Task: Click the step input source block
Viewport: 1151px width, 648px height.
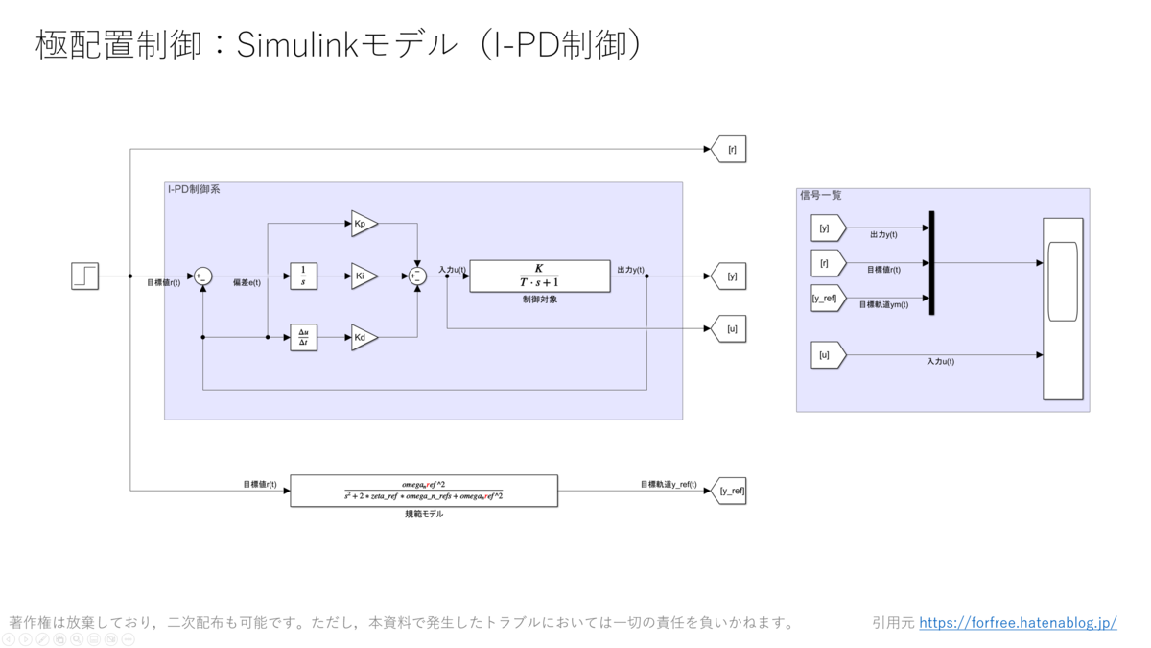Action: [x=85, y=276]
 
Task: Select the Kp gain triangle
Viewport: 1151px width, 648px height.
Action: [x=363, y=224]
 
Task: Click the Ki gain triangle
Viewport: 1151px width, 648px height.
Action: [x=363, y=276]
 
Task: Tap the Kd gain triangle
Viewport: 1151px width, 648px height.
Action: [x=363, y=338]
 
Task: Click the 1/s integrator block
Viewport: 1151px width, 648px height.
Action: [x=303, y=276]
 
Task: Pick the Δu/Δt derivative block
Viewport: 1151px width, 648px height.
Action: [x=303, y=338]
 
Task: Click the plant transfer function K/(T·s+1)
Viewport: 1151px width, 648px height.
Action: [x=539, y=276]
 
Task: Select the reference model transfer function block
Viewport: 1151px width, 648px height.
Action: [x=423, y=491]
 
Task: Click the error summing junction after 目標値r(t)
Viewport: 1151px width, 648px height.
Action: [x=203, y=276]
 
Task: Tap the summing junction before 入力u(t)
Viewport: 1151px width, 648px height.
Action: [x=417, y=276]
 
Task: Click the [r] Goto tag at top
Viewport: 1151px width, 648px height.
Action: [x=730, y=150]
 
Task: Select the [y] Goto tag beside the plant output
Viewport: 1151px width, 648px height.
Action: [x=730, y=276]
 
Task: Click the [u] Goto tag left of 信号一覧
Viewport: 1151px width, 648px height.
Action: [x=730, y=329]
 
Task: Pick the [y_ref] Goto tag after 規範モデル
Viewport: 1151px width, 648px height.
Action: [x=730, y=492]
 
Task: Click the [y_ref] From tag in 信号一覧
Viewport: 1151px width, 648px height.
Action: [x=827, y=299]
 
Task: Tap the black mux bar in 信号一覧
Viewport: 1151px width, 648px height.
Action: [x=931, y=263]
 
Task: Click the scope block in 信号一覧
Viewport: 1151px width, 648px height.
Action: [x=1063, y=308]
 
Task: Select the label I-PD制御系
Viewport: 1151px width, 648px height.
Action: [x=194, y=190]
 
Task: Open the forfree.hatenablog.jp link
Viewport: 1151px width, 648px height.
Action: [x=1018, y=623]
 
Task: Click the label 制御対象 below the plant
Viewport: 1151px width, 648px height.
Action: [x=539, y=300]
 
